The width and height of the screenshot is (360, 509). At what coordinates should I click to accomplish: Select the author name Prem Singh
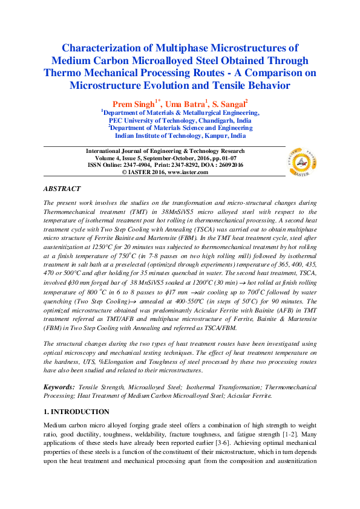pyautogui.click(x=133, y=104)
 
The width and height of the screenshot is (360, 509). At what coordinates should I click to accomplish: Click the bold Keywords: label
pyautogui.click(x=61, y=386)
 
